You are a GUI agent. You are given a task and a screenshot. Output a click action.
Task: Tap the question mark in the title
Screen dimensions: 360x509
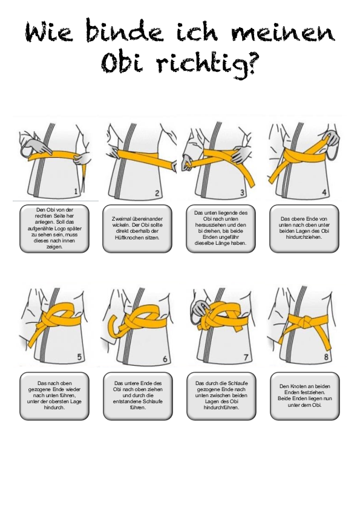(x=247, y=64)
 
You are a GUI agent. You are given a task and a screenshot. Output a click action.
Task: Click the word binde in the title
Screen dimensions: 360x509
(x=125, y=32)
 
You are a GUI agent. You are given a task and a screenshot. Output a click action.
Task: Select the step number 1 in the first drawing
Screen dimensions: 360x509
(x=76, y=191)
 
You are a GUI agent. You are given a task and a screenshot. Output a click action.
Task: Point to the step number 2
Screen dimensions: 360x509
(x=157, y=193)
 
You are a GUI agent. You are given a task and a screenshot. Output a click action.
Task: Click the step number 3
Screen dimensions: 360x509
(x=242, y=193)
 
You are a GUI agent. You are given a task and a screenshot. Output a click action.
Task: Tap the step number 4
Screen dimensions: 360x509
(x=324, y=192)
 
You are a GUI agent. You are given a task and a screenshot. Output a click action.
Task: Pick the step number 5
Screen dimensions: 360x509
(x=79, y=357)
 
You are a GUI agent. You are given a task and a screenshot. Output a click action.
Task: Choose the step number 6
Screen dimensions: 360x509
(x=165, y=358)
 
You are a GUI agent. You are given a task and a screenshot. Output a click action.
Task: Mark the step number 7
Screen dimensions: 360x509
(x=246, y=357)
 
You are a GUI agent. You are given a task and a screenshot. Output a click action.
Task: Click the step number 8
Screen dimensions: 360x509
(x=326, y=357)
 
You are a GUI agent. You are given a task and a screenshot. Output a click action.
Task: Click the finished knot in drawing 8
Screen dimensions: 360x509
(x=304, y=323)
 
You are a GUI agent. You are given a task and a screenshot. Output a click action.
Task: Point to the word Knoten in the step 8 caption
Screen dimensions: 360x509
(x=296, y=386)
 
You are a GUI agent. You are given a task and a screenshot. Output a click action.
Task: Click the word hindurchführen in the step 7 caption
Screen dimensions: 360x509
(x=221, y=407)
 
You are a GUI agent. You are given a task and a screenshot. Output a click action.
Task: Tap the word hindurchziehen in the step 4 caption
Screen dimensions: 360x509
(x=304, y=237)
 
